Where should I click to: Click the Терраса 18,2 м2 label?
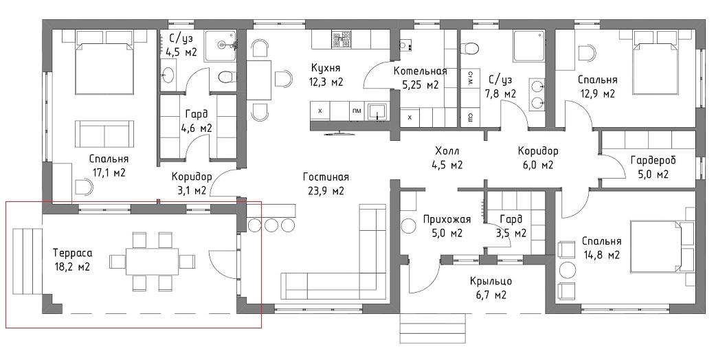pos(72,260)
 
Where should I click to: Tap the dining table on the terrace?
pos(153,262)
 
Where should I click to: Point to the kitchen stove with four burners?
pos(341,39)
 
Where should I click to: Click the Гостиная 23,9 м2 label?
pos(326,183)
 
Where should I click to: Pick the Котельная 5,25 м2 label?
pos(420,78)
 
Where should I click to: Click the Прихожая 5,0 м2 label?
pos(447,225)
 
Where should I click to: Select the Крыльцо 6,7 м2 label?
pos(491,287)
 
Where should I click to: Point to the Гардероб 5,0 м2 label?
pos(653,167)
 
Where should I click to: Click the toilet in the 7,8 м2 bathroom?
pos(470,47)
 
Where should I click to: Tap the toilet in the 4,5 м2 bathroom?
pos(227,77)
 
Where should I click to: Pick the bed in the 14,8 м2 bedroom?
pos(662,247)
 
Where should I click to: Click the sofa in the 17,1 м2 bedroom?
pos(104,134)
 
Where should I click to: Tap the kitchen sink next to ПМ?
pos(379,112)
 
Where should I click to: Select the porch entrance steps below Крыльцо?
pos(432,328)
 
